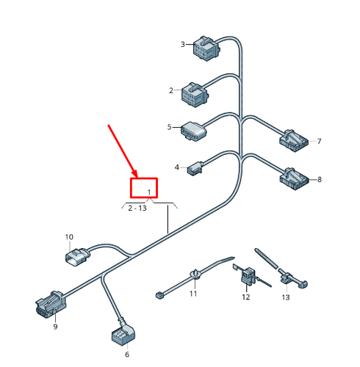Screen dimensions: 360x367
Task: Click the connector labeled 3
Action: click(207, 48)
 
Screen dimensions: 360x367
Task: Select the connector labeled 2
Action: click(195, 95)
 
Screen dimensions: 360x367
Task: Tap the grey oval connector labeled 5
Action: click(193, 131)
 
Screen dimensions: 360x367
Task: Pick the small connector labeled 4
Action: click(195, 168)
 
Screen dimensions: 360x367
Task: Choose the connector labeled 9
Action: click(51, 305)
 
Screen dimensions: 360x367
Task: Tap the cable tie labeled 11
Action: click(195, 275)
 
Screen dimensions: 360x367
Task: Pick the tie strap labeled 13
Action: click(281, 270)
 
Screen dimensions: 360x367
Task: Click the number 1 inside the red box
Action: click(149, 192)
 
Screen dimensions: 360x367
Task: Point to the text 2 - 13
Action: click(137, 208)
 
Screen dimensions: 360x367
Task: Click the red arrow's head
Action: click(135, 174)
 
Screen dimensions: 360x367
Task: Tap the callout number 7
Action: click(319, 142)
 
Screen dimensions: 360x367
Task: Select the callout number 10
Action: click(69, 237)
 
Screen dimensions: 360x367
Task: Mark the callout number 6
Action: click(127, 355)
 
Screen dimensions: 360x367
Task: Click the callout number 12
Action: click(246, 297)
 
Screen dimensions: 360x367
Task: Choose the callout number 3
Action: click(183, 44)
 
